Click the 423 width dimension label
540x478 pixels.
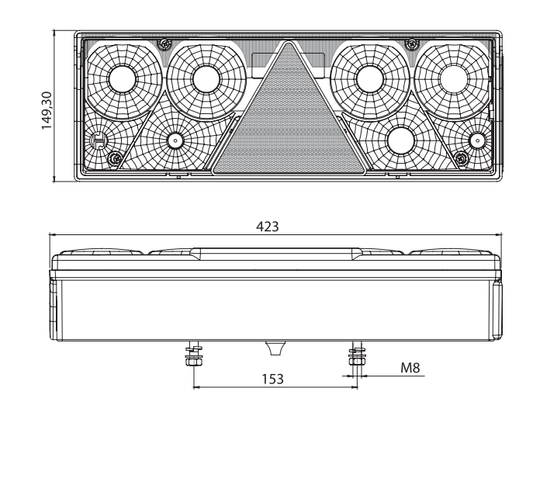pyautogui.click(x=267, y=227)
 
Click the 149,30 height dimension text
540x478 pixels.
pyautogui.click(x=47, y=110)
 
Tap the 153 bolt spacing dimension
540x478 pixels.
pyautogui.click(x=273, y=379)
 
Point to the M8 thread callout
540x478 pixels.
pyautogui.click(x=410, y=368)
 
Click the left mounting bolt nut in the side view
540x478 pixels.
pyautogui.click(x=194, y=362)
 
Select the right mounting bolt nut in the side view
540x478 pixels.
pyautogui.click(x=357, y=361)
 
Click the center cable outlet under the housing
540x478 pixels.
pyautogui.click(x=275, y=348)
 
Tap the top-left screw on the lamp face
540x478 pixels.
pyautogui.click(x=164, y=44)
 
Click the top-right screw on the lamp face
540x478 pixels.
pyautogui.click(x=411, y=43)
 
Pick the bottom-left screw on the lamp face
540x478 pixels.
pyautogui.click(x=116, y=158)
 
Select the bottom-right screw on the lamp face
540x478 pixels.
pyautogui.click(x=461, y=158)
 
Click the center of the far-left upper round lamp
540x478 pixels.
pyautogui.click(x=123, y=79)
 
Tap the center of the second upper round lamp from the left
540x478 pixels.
pyautogui.click(x=206, y=79)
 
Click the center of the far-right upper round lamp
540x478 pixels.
pyautogui.click(x=454, y=79)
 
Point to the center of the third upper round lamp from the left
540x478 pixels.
pyautogui.click(x=370, y=79)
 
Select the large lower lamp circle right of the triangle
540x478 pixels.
pyautogui.click(x=401, y=141)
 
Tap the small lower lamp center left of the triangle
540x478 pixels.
pyautogui.click(x=175, y=140)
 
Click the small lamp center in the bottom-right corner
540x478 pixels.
pyautogui.click(x=477, y=140)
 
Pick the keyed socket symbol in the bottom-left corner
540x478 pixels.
pyautogui.click(x=99, y=140)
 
